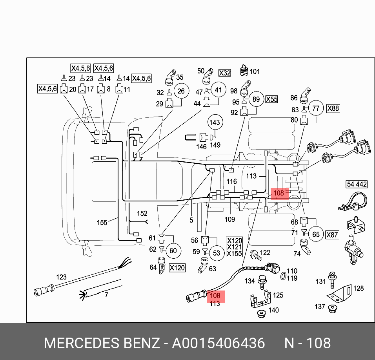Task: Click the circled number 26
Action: (x=181, y=91)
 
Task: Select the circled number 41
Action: (x=218, y=90)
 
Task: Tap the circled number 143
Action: (x=214, y=122)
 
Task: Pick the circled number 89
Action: (x=256, y=99)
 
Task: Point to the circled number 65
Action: (x=316, y=234)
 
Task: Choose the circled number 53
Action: (x=217, y=253)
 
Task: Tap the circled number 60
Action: (x=173, y=250)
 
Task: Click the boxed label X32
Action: (x=225, y=73)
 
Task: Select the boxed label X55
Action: (x=271, y=99)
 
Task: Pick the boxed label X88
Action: (x=333, y=108)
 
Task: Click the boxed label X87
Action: (x=332, y=235)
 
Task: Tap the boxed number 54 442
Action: (x=356, y=184)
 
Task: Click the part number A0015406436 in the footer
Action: (x=219, y=343)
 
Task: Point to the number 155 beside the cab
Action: (x=102, y=223)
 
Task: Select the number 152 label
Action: (x=142, y=214)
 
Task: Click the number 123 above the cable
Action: (x=61, y=277)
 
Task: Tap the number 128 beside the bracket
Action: (x=359, y=288)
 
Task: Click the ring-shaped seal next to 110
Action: (x=282, y=278)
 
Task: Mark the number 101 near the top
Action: (x=255, y=71)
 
